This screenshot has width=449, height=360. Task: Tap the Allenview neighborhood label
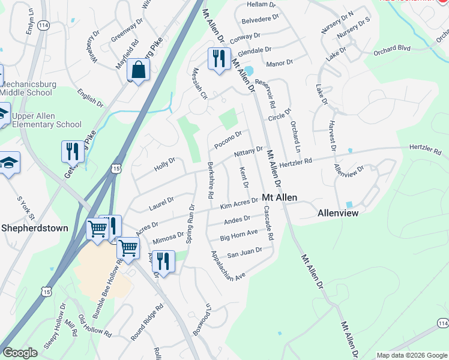337,213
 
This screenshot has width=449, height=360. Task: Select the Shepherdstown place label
34,228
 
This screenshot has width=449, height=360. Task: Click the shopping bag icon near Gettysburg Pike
138,70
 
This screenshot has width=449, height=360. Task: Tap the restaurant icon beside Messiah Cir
217,58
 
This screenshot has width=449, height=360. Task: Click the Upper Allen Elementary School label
47,120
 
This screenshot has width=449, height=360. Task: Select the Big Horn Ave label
238,235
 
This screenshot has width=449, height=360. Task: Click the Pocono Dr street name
228,142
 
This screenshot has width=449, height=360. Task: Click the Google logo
20,353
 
